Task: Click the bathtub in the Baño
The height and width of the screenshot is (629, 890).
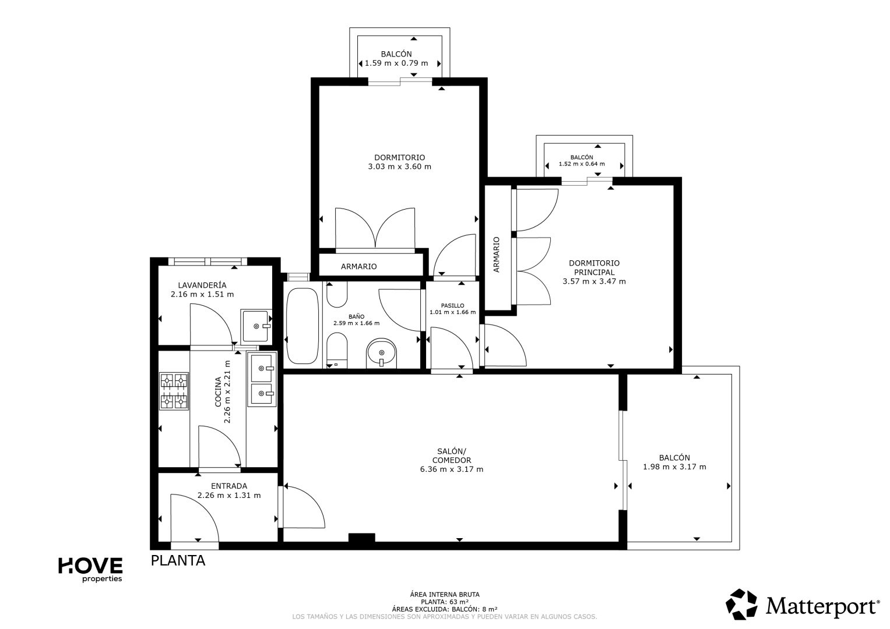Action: point(302,326)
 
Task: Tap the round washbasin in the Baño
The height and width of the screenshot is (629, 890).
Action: point(381,353)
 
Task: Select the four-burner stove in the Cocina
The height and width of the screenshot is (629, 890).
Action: point(174,391)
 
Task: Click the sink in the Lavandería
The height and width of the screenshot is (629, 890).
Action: point(256,326)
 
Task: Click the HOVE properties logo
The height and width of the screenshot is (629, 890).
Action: point(90,570)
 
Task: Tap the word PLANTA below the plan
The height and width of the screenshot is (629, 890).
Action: point(178,560)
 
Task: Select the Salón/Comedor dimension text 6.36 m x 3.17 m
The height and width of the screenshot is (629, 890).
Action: point(452,469)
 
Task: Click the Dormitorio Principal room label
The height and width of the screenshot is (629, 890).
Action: point(594,268)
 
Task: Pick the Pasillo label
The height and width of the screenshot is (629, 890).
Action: point(452,305)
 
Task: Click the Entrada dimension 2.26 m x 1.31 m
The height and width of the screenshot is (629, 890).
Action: point(229,495)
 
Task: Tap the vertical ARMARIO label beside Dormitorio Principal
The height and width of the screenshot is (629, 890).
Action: point(496,255)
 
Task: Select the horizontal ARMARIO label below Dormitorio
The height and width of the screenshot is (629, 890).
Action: point(359,267)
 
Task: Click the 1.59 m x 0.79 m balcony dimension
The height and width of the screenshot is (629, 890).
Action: point(396,63)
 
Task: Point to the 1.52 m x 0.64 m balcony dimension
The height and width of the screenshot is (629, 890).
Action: point(582,164)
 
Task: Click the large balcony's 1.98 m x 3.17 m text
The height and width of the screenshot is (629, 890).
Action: point(675,467)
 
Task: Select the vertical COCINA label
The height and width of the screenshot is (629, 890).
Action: point(218,392)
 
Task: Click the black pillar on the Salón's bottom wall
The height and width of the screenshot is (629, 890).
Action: point(361,537)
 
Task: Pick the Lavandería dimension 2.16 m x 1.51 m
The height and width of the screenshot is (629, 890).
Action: point(202,294)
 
